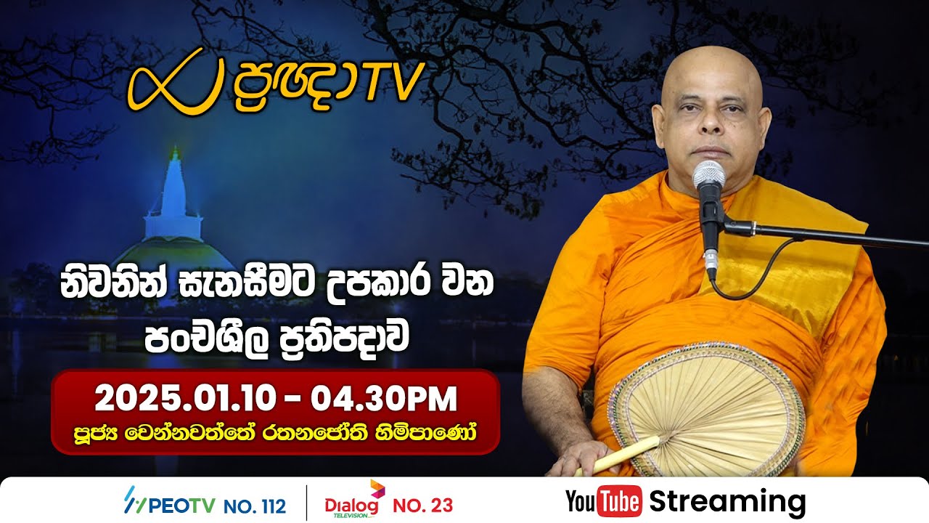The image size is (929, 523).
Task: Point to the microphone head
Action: click(x=708, y=179)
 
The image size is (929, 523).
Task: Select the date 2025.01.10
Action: click(x=185, y=399)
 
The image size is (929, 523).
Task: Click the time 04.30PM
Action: click(x=384, y=399)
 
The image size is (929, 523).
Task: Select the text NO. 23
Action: click(x=422, y=504)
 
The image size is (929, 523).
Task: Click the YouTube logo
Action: click(x=603, y=502)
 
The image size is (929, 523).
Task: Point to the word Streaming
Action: click(x=727, y=501)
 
